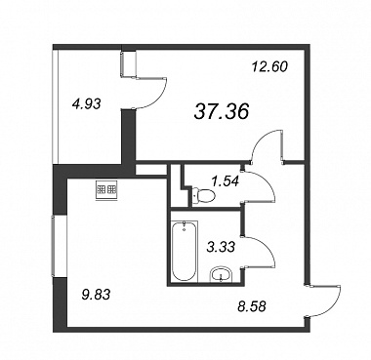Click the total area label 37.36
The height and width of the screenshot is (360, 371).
coord(222,111)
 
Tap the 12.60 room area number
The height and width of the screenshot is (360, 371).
coord(269,67)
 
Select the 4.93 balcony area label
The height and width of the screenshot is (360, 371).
coord(87,104)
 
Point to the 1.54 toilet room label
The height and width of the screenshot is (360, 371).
coord(225,180)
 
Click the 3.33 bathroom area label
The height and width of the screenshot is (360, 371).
coord(221,247)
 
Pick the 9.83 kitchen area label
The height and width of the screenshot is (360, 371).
coord(97,295)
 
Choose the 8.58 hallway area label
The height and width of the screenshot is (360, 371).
coord(252,306)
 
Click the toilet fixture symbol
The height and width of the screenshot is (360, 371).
coord(203,196)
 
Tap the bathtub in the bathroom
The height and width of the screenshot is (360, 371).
coord(185,251)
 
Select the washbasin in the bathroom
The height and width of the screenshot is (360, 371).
coord(222,275)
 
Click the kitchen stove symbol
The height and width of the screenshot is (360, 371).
coord(106,190)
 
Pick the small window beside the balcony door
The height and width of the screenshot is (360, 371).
coord(128,64)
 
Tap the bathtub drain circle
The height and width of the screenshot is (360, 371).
coord(185,230)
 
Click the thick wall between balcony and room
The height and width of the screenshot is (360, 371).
coord(128,137)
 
